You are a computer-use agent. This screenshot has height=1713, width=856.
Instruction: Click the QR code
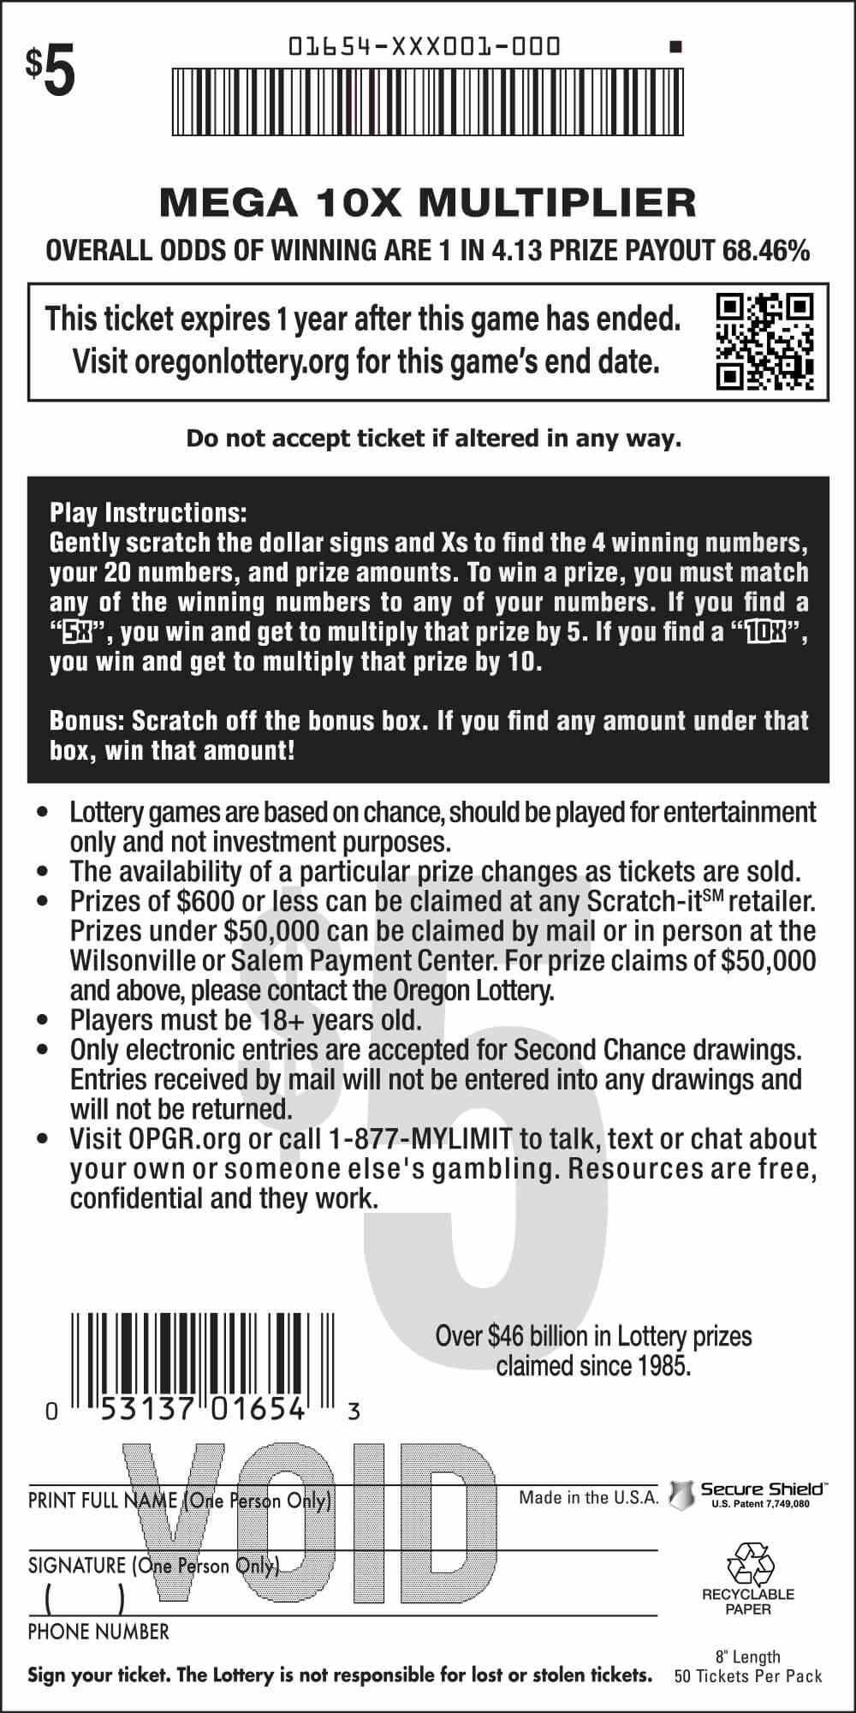click(764, 341)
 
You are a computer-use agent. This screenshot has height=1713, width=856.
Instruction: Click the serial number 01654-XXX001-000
click(425, 45)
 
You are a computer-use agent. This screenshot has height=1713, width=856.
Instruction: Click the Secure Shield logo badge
click(681, 1495)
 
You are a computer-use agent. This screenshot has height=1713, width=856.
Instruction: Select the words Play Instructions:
click(148, 513)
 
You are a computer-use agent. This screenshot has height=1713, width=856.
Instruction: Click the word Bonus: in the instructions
click(83, 720)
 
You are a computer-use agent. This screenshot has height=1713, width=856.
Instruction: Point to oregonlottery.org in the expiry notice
click(241, 362)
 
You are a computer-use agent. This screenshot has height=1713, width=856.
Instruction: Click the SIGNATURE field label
click(77, 1566)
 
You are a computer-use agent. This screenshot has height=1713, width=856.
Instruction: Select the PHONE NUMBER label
click(98, 1632)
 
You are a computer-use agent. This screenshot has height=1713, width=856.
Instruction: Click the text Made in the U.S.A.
click(588, 1497)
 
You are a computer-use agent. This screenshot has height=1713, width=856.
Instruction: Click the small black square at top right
click(675, 47)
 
